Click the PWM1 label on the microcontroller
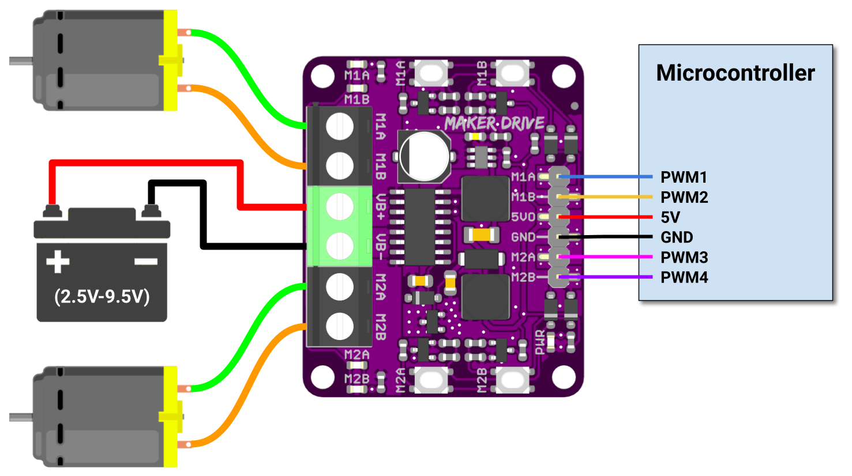click(684, 177)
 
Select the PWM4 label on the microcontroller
click(684, 277)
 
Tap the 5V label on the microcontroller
click(670, 217)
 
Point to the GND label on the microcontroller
click(677, 237)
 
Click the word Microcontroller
click(735, 73)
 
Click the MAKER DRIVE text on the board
click(494, 123)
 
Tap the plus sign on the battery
click(58, 262)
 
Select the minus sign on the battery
click(146, 262)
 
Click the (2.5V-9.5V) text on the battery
click(102, 296)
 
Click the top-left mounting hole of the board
click(322, 75)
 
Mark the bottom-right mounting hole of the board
click(564, 377)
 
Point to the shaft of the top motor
click(21, 61)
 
